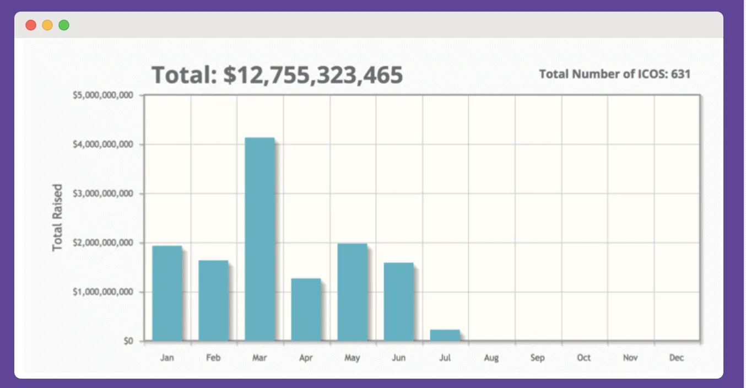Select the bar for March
[260, 239]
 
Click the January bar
[167, 293]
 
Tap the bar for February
[213, 300]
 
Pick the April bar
[306, 310]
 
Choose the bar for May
[352, 292]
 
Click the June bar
[398, 301]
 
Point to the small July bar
[445, 335]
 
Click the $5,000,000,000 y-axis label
[103, 95]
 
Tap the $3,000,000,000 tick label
[103, 193]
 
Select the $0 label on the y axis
[128, 341]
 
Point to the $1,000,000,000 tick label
[103, 292]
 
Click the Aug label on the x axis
[491, 358]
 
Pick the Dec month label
[676, 358]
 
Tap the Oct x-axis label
[583, 358]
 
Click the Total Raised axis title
[58, 218]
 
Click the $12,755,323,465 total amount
[313, 75]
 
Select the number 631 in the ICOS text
[680, 74]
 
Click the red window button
[31, 25]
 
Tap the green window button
[64, 25]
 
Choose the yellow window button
[47, 25]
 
